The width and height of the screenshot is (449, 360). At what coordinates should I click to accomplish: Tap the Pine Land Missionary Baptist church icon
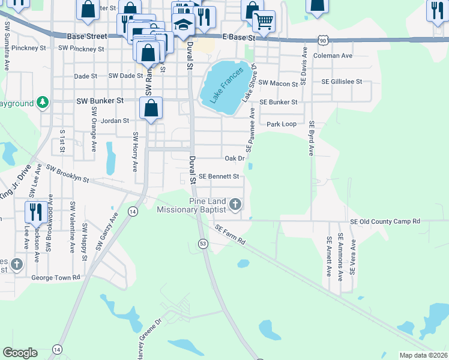[235, 205]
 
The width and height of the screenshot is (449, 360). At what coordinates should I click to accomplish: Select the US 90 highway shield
[323, 40]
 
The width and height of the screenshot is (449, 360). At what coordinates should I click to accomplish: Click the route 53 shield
[203, 243]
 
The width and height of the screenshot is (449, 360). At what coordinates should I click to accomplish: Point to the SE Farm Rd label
[231, 235]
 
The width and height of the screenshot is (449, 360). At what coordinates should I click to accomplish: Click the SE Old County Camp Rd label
[385, 221]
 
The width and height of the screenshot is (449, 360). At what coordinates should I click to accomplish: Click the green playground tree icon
[42, 103]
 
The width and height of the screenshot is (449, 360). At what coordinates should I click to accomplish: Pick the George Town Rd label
[55, 278]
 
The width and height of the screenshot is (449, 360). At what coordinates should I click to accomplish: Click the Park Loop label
[282, 124]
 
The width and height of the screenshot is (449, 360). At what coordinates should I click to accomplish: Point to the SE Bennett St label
[219, 176]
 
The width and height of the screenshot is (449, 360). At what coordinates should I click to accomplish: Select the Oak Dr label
[234, 158]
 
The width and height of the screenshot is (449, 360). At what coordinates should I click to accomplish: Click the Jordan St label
[115, 121]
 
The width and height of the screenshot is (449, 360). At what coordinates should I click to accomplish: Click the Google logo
[20, 353]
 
